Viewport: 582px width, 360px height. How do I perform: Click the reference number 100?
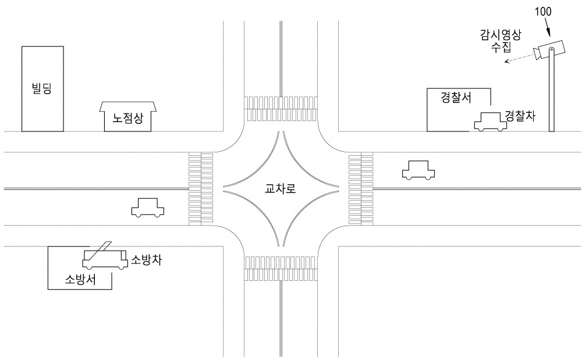pyautogui.click(x=542, y=12)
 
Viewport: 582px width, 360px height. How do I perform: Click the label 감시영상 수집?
pyautogui.click(x=501, y=41)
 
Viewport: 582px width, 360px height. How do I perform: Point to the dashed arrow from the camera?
pyautogui.click(x=519, y=59)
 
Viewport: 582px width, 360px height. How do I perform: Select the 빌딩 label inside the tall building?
pyautogui.click(x=42, y=88)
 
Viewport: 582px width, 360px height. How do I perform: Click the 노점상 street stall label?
pyautogui.click(x=128, y=118)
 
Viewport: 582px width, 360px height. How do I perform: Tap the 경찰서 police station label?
pyautogui.click(x=456, y=97)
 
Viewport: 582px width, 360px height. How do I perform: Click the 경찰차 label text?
pyautogui.click(x=520, y=116)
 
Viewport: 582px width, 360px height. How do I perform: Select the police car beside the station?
pyautogui.click(x=490, y=122)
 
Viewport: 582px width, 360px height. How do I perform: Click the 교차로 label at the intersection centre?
pyautogui.click(x=281, y=188)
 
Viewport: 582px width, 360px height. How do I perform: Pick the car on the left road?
pyautogui.click(x=148, y=208)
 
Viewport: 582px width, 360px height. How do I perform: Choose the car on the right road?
pyautogui.click(x=418, y=170)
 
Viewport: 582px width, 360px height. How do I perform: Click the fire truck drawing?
pyautogui.click(x=105, y=259)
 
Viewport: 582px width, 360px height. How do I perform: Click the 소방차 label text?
pyautogui.click(x=146, y=260)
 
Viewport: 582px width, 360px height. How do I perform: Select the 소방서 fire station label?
pyautogui.click(x=80, y=279)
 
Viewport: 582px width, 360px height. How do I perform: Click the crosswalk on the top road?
pyautogui.click(x=281, y=109)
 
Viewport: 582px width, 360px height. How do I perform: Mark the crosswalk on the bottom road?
pyautogui.click(x=281, y=268)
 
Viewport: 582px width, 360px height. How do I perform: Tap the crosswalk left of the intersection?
pyautogui.click(x=201, y=188)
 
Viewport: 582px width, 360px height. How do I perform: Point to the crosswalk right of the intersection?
pyautogui.click(x=361, y=188)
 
